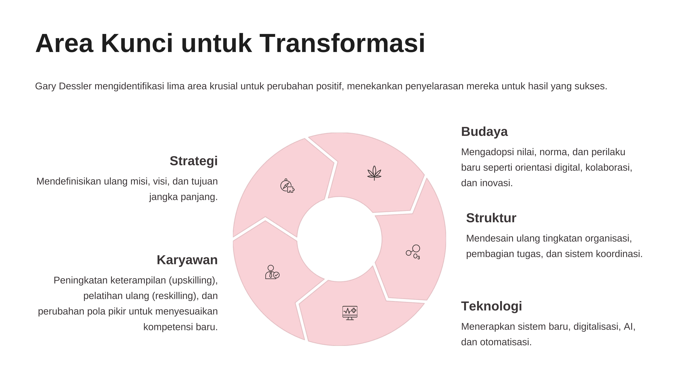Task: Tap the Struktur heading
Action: click(491, 218)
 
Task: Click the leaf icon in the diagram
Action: click(374, 173)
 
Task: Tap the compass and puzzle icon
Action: click(287, 186)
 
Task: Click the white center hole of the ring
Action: click(340, 239)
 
